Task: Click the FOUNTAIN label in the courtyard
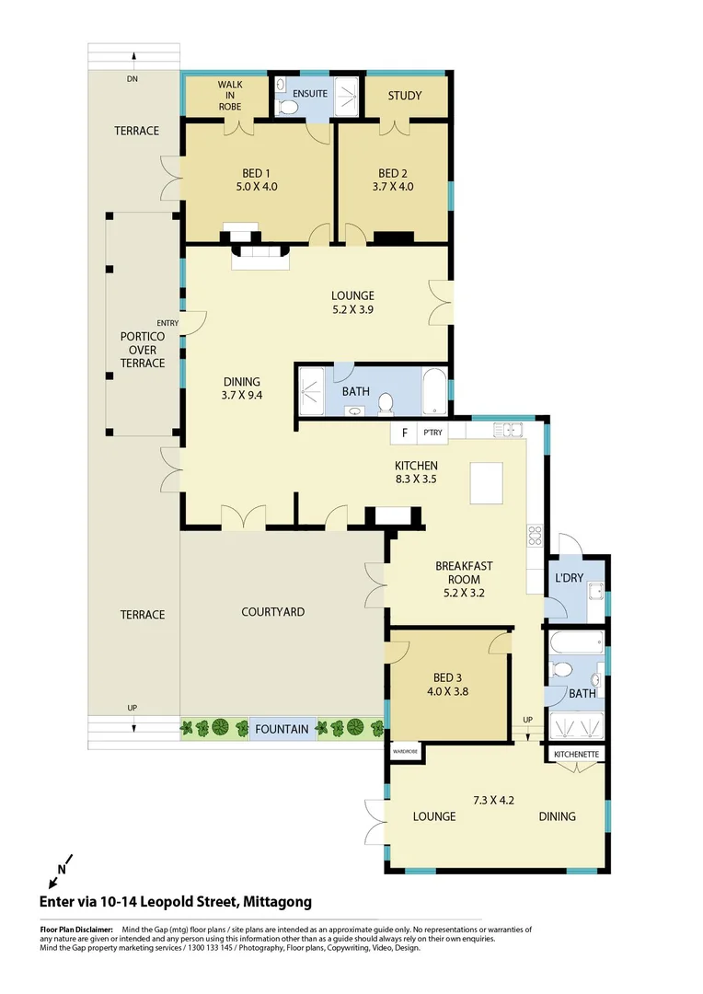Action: click(282, 729)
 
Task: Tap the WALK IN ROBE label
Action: click(230, 95)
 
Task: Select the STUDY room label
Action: click(405, 96)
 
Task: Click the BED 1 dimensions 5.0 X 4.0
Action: click(256, 187)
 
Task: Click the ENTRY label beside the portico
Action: click(167, 323)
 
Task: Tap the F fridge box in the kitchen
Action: click(404, 432)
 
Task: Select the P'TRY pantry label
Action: click(432, 432)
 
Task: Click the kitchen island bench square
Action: click(489, 482)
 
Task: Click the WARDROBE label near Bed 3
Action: click(405, 751)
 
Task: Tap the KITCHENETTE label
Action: click(577, 755)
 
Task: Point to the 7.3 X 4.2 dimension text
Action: click(493, 800)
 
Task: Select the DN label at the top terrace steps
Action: click(133, 79)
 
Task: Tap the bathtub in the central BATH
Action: click(434, 393)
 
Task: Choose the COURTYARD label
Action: click(272, 612)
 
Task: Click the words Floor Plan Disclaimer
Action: click(76, 930)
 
